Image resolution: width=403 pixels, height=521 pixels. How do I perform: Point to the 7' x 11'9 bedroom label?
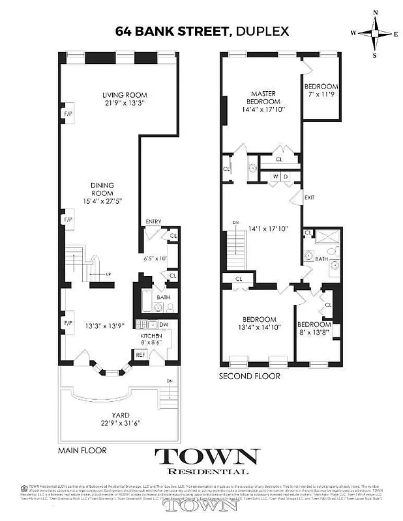tap(321, 91)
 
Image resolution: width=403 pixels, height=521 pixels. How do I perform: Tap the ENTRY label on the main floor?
tap(153, 222)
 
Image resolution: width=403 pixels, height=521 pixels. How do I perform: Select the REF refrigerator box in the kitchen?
tap(140, 355)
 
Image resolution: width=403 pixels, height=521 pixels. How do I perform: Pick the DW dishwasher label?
tap(164, 324)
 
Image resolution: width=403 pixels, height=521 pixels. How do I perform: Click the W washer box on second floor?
tap(276, 176)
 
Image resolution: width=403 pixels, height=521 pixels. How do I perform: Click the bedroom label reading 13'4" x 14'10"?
tap(259, 323)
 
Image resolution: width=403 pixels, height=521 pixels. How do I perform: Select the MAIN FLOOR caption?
tap(82, 450)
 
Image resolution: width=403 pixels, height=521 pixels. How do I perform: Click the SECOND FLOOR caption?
tap(249, 376)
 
